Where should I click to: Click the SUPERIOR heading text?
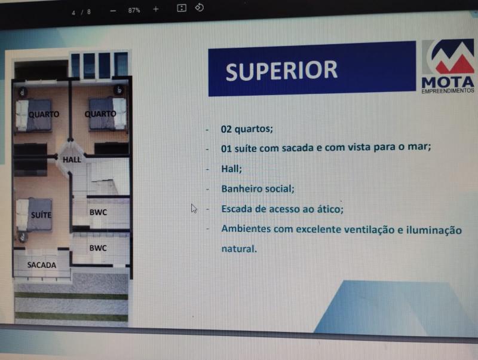281,71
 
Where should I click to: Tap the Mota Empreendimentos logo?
448,66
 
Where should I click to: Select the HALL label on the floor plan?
72,160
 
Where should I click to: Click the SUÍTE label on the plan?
41,215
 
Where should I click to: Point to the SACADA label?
42,265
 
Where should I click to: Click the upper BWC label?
98,212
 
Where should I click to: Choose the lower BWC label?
98,248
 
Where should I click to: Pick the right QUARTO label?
100,114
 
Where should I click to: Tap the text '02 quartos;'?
247,129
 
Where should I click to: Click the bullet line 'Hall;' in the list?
231,169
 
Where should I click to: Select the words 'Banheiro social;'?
258,189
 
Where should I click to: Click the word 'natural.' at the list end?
239,248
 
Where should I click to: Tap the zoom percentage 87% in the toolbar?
134,10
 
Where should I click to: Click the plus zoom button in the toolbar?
156,10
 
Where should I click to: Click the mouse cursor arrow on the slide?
194,208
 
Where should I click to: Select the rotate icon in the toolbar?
200,8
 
